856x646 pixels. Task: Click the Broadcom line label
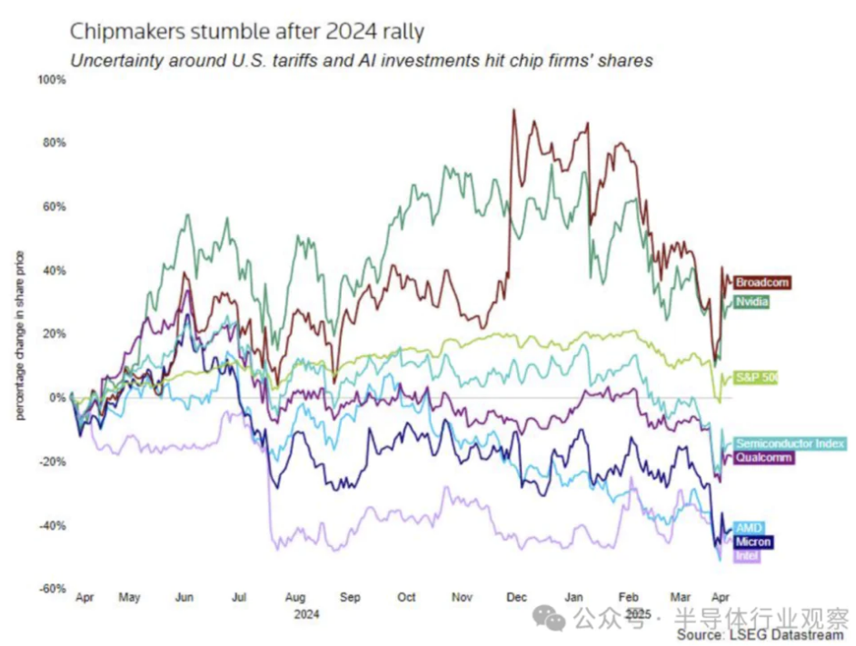(x=761, y=282)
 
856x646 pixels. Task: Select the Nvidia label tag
(x=753, y=300)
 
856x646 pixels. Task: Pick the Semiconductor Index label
(x=790, y=443)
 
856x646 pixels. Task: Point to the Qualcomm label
(x=763, y=458)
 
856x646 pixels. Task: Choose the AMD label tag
(x=749, y=528)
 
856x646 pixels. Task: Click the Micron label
(x=753, y=542)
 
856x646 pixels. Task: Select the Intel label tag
(x=747, y=556)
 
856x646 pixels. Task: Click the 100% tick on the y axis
(x=52, y=80)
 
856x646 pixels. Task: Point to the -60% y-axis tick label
(x=53, y=589)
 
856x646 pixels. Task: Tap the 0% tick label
(x=58, y=398)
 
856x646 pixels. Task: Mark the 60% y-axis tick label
(x=54, y=207)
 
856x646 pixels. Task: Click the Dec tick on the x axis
(x=517, y=598)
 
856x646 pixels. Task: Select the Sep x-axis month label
(x=350, y=598)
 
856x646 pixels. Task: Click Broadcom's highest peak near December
(x=513, y=111)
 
